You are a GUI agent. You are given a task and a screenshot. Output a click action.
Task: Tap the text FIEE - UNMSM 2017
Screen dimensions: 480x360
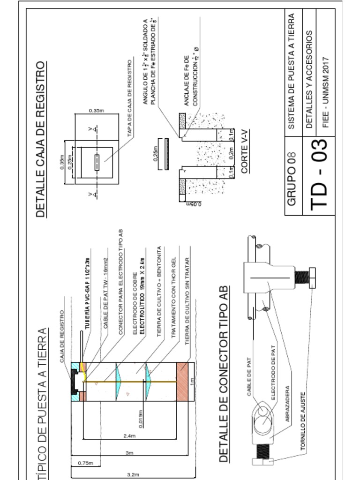pos(326,92)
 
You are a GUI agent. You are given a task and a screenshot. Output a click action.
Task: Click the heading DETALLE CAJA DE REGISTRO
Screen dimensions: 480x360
pos(41,139)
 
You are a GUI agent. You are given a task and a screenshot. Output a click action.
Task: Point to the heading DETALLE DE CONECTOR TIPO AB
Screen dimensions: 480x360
pos(223,373)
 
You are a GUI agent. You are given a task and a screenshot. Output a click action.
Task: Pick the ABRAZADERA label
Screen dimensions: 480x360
pos(287,404)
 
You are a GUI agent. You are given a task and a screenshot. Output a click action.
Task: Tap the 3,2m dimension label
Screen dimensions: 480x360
pos(132,474)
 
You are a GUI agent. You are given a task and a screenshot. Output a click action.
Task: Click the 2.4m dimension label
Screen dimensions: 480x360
pos(129,436)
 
